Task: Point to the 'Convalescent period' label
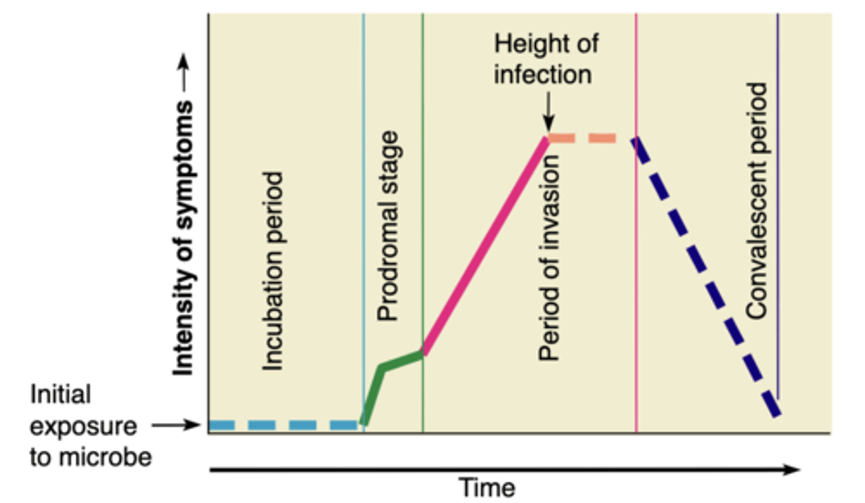757,201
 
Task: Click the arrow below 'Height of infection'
548,115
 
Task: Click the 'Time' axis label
487,487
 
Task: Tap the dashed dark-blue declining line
706,276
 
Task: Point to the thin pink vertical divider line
636,300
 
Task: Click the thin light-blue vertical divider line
363,180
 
